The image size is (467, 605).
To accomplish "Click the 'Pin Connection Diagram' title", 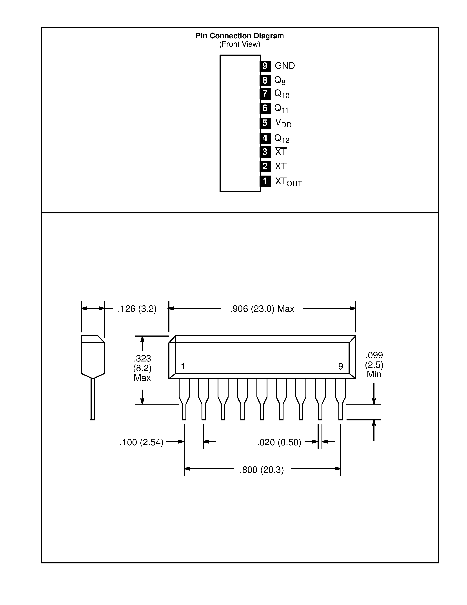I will [240, 36].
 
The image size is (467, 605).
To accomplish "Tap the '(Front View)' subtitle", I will [240, 44].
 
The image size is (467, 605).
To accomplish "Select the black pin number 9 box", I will [265, 66].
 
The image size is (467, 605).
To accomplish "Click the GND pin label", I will [285, 66].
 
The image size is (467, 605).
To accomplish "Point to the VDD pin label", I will [283, 123].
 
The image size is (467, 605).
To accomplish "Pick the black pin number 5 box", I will [265, 123].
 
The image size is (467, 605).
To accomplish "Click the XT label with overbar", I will [281, 152].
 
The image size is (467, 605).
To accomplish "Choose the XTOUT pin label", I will [288, 182].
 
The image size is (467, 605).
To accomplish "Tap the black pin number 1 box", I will [265, 181].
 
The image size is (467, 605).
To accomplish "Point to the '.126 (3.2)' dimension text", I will [137, 309].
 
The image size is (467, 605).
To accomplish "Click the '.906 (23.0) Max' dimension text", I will [262, 309].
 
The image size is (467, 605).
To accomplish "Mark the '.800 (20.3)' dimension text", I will [262, 470].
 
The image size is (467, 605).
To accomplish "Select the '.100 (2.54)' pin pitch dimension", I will [141, 442].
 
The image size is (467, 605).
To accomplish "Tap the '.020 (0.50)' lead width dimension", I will [279, 442].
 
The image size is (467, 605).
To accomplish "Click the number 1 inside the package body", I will [183, 367].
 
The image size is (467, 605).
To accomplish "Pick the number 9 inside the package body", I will [341, 367].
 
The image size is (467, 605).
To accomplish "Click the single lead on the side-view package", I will [93, 399].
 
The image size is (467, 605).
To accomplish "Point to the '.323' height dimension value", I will [142, 358].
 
